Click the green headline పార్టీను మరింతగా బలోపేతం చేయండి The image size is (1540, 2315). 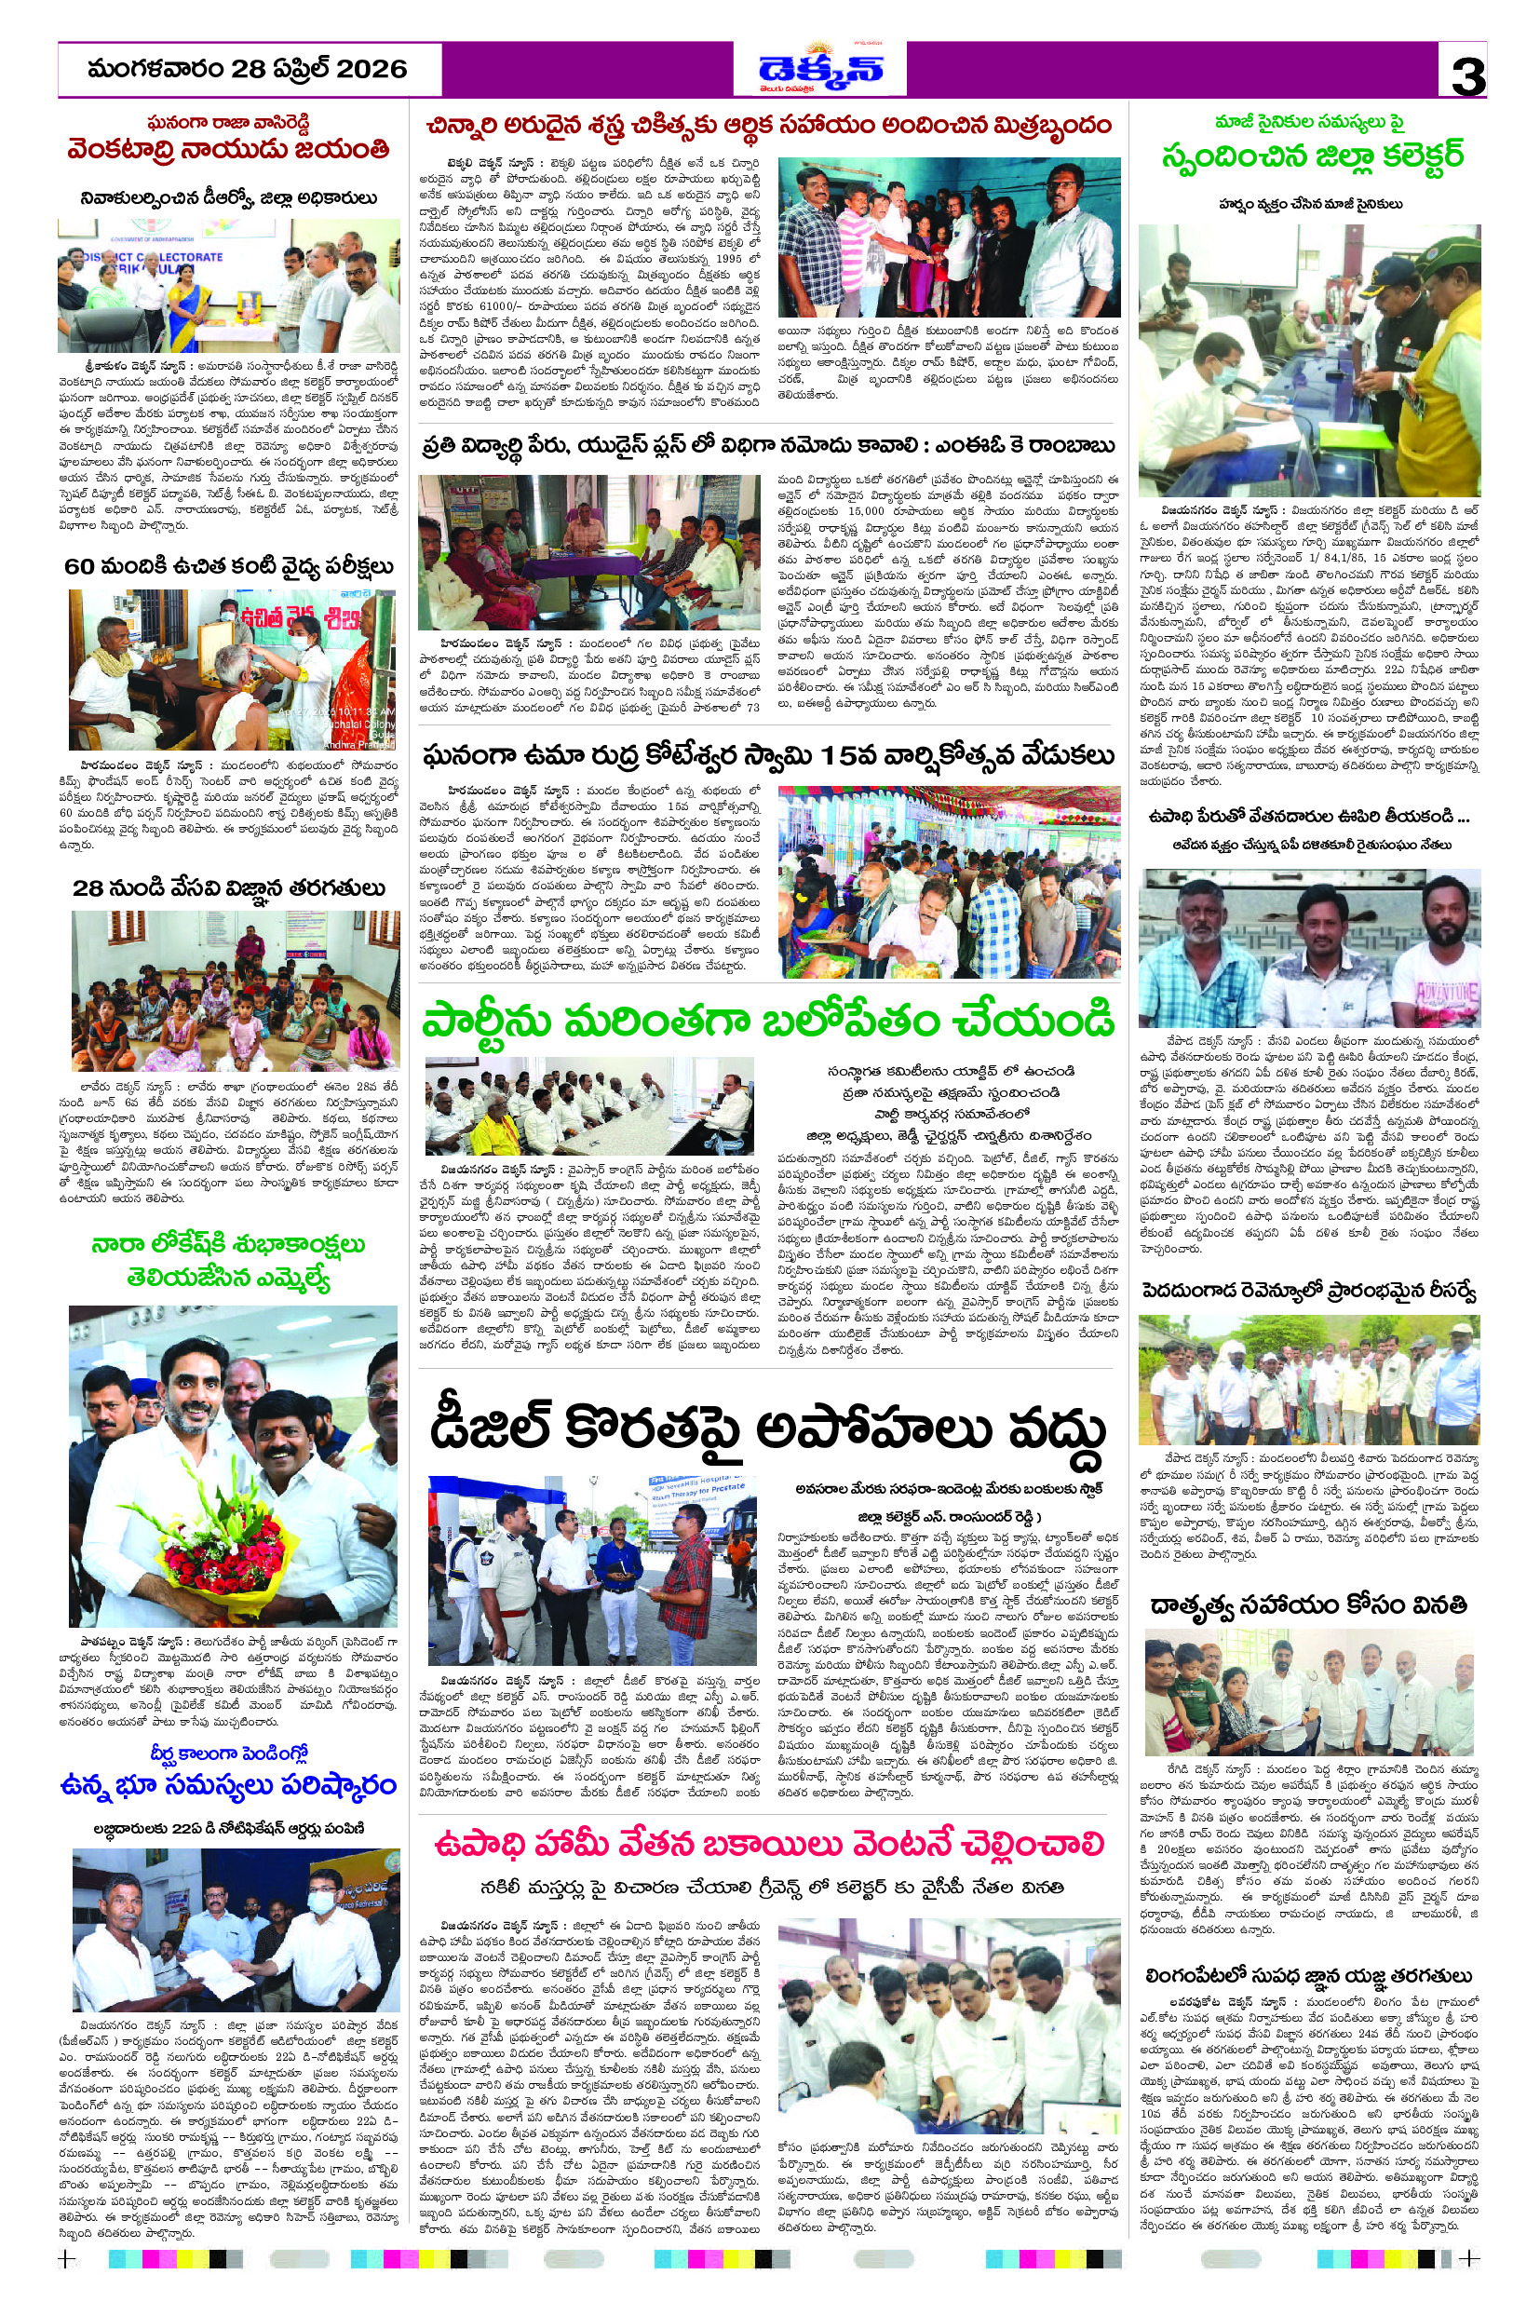[x=767, y=1022]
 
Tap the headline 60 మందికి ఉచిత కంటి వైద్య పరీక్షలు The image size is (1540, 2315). [x=229, y=567]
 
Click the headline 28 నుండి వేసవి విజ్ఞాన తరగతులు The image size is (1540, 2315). [x=229, y=887]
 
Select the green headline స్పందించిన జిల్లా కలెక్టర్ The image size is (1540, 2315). [x=1312, y=156]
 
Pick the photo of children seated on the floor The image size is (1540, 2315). [x=235, y=990]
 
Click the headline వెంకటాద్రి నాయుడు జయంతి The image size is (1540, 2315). [x=229, y=150]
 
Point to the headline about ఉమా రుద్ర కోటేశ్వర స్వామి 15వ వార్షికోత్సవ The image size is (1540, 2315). [x=769, y=756]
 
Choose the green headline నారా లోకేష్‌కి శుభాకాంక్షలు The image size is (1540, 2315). [x=229, y=1244]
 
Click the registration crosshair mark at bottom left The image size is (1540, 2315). [x=67, y=2259]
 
